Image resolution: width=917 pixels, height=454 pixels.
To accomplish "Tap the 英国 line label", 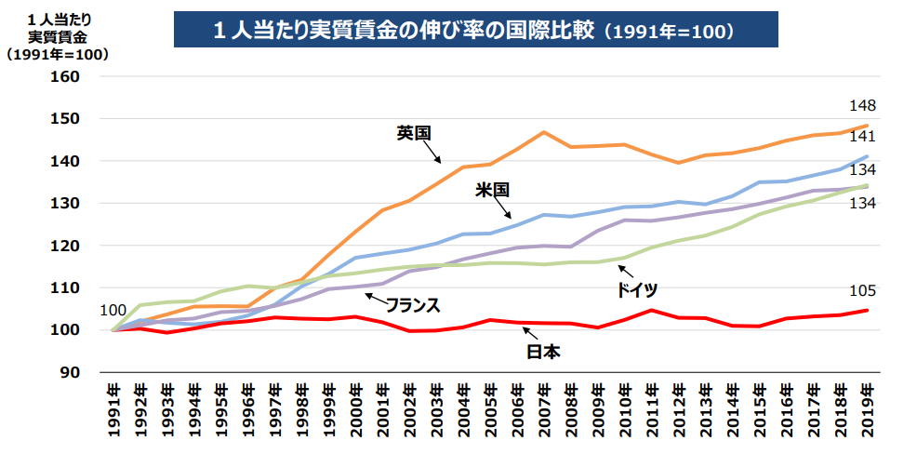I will tap(413, 133).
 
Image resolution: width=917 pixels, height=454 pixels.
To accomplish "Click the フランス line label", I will tap(413, 305).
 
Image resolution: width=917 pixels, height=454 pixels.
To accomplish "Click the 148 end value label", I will tap(862, 105).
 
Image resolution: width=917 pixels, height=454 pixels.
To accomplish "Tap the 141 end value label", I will tap(862, 138).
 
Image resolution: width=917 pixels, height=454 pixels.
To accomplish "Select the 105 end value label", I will tap(862, 290).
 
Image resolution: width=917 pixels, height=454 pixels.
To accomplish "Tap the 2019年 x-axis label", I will tap(867, 409).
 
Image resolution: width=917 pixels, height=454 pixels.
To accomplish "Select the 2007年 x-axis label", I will tap(545, 409).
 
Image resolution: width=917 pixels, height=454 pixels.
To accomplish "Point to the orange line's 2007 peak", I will tap(544, 132).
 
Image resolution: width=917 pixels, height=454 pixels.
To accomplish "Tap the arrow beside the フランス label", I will tap(374, 298).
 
